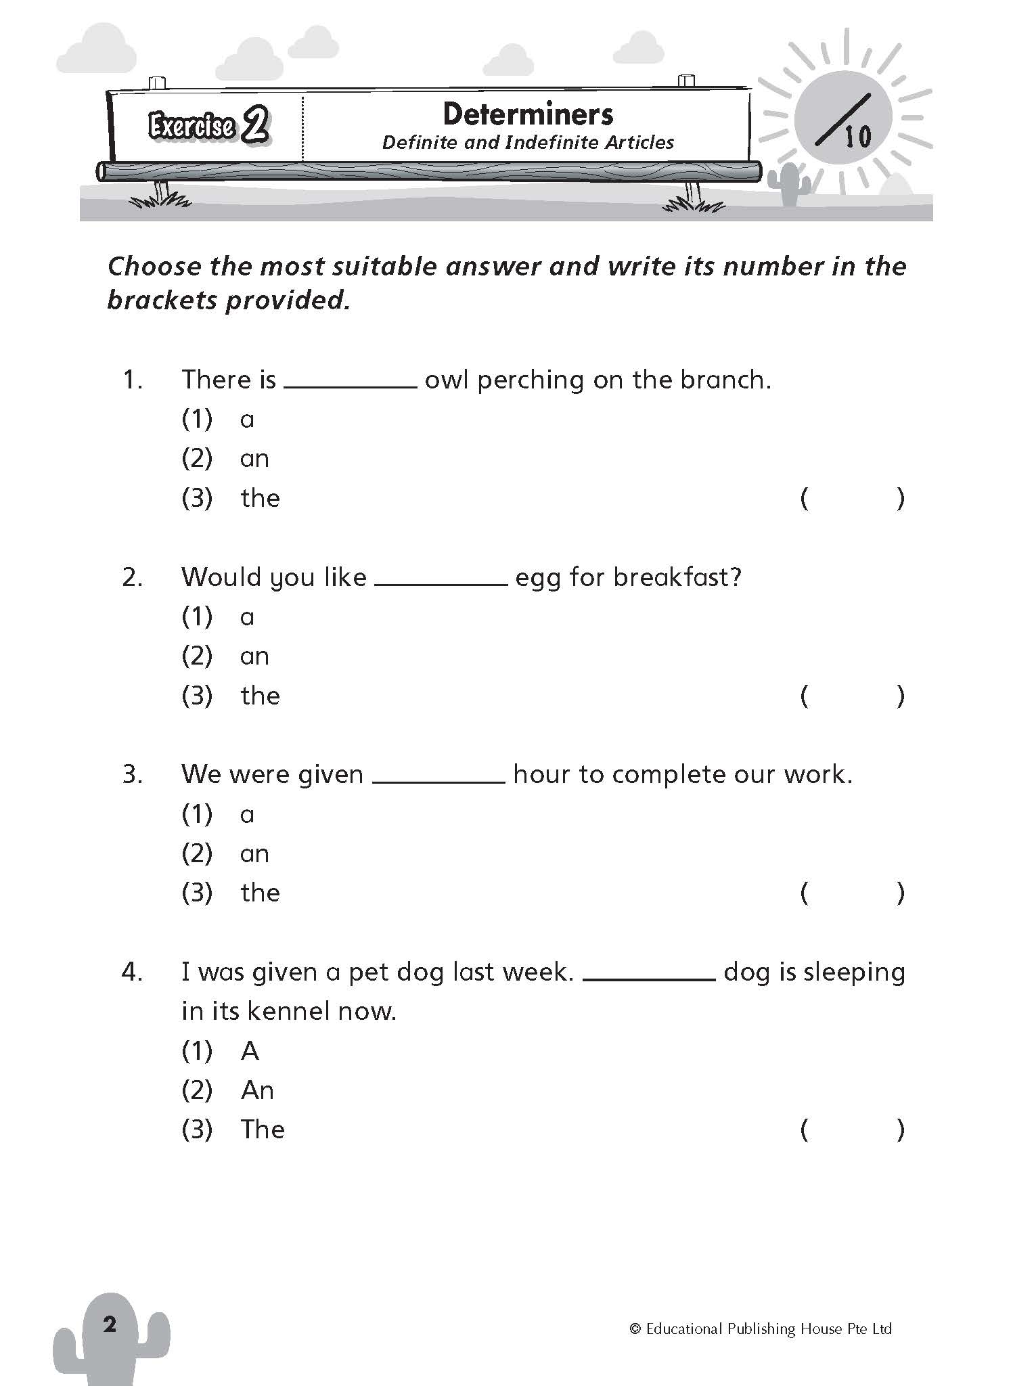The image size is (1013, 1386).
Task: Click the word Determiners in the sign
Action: [x=528, y=114]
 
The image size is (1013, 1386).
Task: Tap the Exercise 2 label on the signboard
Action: [x=208, y=126]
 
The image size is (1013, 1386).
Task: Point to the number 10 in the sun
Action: [x=857, y=137]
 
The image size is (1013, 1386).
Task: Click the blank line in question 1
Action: [x=350, y=386]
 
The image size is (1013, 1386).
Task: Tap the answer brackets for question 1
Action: [x=852, y=499]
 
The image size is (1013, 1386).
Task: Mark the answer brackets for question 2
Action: [x=852, y=696]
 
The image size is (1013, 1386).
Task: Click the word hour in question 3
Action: [x=541, y=774]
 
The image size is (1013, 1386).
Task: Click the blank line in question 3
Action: [x=438, y=781]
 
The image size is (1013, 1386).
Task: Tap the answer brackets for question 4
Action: [x=852, y=1130]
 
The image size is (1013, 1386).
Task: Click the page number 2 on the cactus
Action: [x=110, y=1324]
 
